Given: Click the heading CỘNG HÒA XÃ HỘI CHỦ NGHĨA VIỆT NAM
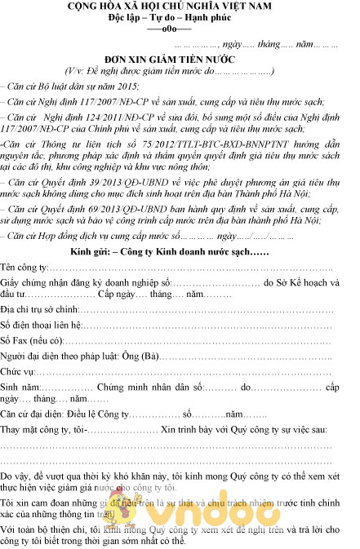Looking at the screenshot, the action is tap(179, 7).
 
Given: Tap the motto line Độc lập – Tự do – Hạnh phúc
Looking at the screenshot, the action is tap(180, 17).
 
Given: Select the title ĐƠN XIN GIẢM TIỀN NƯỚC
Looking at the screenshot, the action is tap(180, 59).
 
